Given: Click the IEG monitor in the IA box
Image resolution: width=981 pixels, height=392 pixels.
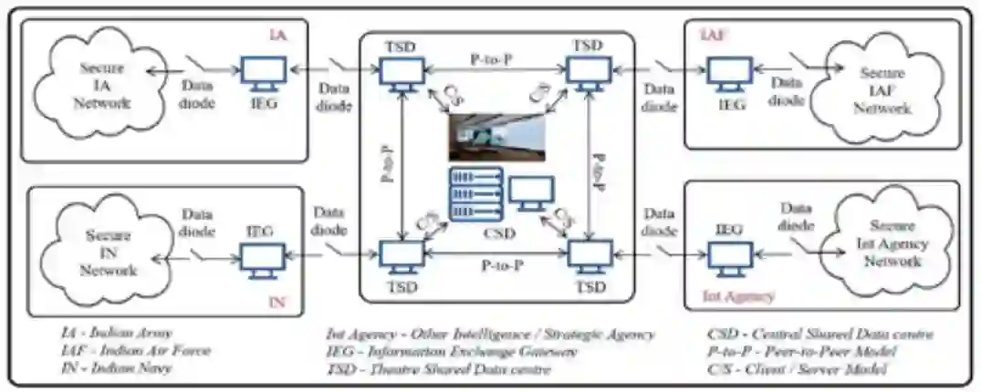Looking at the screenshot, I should coord(265,76).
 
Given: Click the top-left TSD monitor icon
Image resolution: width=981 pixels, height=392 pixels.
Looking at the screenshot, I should coord(402,74).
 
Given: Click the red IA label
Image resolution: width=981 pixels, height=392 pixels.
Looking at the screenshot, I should coord(277,35).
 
